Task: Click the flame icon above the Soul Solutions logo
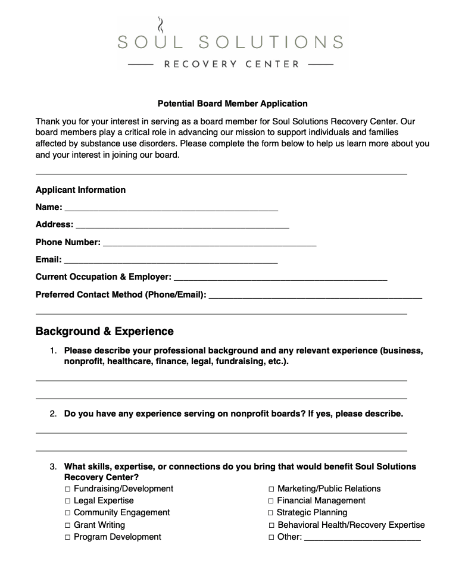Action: (x=160, y=26)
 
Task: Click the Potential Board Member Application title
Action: (x=232, y=104)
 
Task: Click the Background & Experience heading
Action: (x=105, y=331)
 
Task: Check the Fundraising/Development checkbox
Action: (x=68, y=489)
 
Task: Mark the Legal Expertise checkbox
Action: (x=68, y=501)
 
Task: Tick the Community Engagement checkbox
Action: (x=68, y=513)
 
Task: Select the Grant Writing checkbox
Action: (x=68, y=525)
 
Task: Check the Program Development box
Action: (x=68, y=537)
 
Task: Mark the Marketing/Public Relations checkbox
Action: (x=271, y=489)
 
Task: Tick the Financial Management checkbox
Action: (x=271, y=501)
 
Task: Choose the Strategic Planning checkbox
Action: (x=271, y=513)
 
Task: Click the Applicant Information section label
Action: (x=80, y=190)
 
